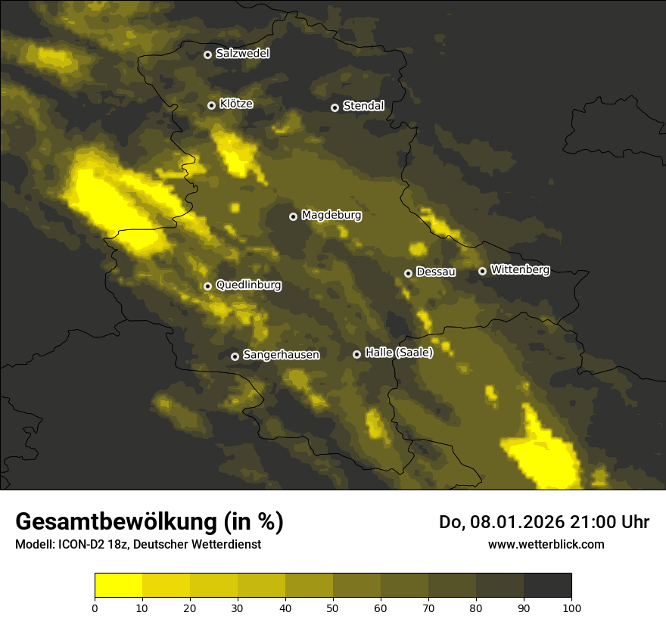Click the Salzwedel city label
tap(242, 54)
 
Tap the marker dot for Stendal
tap(335, 107)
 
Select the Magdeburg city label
tap(331, 216)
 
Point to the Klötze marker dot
tap(212, 105)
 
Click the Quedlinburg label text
tap(248, 285)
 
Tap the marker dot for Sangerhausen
tap(235, 356)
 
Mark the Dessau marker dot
tap(408, 273)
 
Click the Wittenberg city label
tap(520, 269)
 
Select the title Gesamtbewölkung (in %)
tap(149, 522)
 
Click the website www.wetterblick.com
tap(546, 544)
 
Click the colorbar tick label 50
tap(333, 607)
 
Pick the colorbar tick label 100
tap(571, 607)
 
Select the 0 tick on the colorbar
tap(95, 607)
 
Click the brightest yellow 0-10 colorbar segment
tap(118, 585)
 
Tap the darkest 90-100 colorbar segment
tap(547, 585)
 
